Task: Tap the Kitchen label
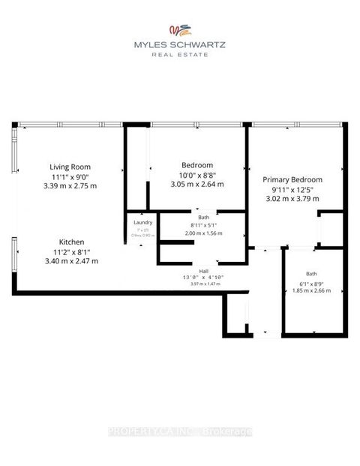pos(72,242)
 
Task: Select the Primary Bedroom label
pos(292,179)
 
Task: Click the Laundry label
pos(142,223)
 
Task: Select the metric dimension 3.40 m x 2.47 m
pos(72,260)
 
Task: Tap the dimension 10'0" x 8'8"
pos(197,174)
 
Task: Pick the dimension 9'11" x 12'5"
pos(292,189)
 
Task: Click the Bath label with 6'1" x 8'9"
pos(311,275)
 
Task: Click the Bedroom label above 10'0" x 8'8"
pos(197,165)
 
